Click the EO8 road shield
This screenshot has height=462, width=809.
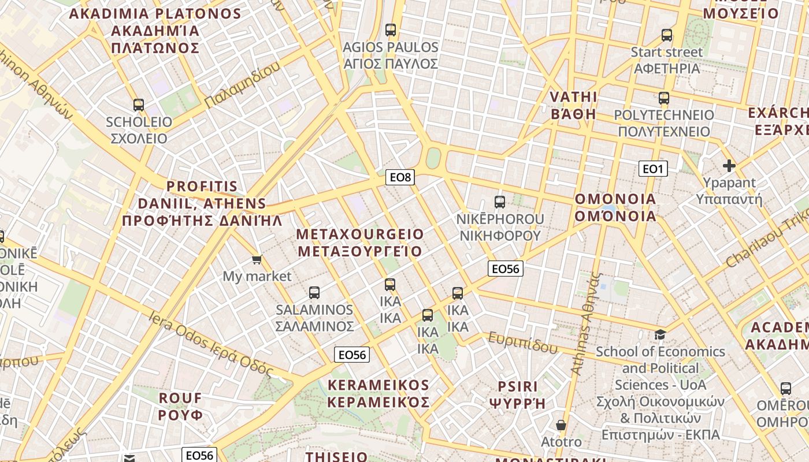click(400, 177)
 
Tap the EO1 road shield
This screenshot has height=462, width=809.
click(653, 169)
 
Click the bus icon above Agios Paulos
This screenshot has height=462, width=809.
click(391, 30)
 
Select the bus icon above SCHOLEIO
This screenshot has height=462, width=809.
click(139, 105)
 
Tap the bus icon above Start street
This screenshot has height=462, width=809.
click(667, 35)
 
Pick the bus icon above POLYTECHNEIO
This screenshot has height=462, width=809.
click(664, 98)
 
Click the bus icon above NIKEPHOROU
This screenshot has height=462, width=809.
click(500, 202)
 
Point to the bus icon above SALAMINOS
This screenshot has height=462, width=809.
click(314, 293)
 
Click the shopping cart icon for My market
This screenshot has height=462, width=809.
click(257, 259)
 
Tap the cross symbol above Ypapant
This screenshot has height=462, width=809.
click(729, 166)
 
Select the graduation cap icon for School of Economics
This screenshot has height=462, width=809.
click(660, 334)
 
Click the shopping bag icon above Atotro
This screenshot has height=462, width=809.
click(561, 426)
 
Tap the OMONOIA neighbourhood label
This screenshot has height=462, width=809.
click(615, 208)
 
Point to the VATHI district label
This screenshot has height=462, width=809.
click(573, 105)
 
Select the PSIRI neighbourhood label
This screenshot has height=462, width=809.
click(518, 395)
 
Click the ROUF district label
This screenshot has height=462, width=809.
click(181, 407)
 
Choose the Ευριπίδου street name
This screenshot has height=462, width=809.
click(523, 342)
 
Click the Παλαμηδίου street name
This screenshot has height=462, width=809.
click(242, 84)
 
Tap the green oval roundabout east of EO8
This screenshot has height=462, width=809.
click(433, 158)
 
